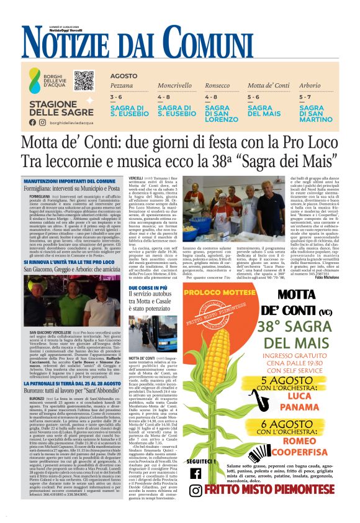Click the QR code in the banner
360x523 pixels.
point(84,80)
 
